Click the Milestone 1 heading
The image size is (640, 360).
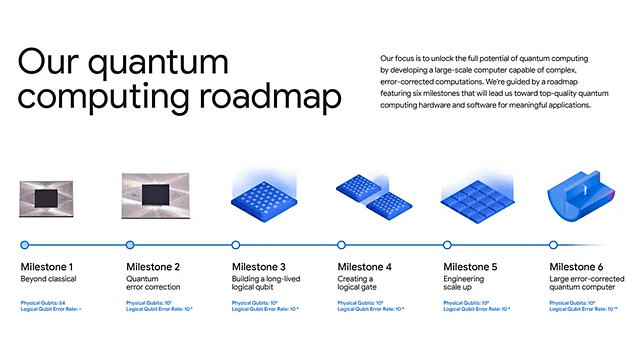(x=47, y=267)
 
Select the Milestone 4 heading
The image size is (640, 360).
(x=364, y=267)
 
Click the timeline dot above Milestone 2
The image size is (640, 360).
(x=130, y=244)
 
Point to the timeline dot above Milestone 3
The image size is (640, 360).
(x=236, y=244)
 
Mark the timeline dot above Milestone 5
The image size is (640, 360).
(x=447, y=244)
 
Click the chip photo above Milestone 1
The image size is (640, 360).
(x=49, y=199)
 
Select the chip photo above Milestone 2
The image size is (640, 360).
(x=155, y=195)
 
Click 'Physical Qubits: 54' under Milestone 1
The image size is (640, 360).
(x=45, y=302)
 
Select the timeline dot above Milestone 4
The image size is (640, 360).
(x=341, y=244)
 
